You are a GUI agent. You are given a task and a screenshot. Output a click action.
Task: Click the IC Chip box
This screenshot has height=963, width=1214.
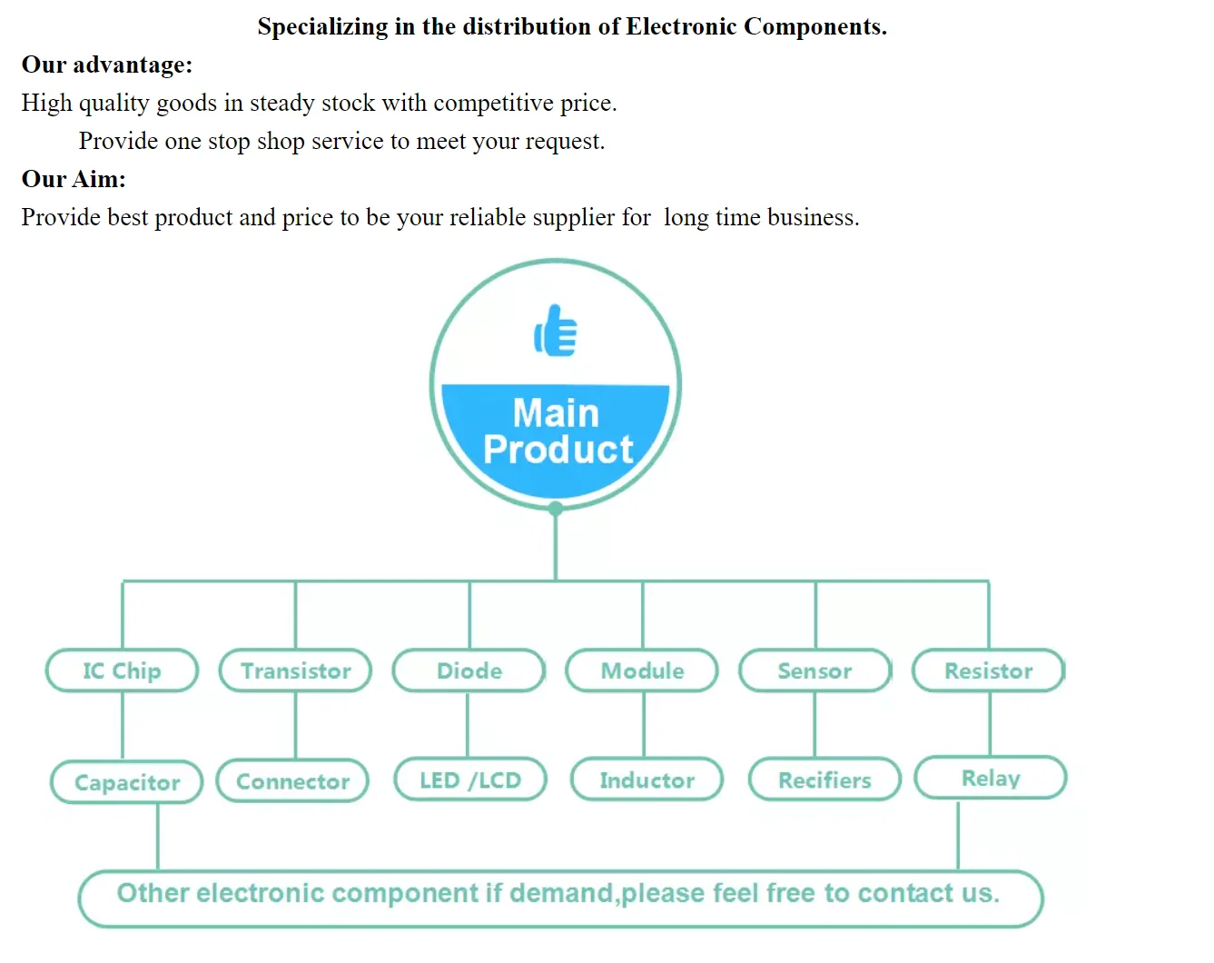point(122,670)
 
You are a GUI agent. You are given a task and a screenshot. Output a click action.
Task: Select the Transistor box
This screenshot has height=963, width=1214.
point(295,670)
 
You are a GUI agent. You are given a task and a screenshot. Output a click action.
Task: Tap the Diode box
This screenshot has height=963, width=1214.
point(469,670)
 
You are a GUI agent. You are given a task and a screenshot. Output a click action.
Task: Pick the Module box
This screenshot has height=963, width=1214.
point(642,670)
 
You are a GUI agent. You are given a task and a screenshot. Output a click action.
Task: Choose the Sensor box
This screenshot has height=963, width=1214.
point(814,670)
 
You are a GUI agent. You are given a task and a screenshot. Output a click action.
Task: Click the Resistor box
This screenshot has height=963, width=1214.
point(988,670)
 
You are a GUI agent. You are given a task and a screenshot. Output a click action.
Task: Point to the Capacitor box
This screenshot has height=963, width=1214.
point(126,782)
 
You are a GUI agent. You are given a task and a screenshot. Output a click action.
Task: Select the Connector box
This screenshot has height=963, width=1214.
point(292,781)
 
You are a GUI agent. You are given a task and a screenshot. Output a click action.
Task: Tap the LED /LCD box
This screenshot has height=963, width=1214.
point(470,779)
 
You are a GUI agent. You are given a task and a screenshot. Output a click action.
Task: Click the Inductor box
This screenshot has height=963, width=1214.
point(646,779)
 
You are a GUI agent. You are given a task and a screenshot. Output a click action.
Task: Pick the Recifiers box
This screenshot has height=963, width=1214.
point(824,779)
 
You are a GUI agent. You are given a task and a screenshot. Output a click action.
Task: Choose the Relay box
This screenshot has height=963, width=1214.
point(991,778)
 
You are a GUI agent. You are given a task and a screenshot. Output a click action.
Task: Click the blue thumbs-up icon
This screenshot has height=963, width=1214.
point(556,331)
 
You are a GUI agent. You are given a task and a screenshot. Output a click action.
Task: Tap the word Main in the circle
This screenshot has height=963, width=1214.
point(556,413)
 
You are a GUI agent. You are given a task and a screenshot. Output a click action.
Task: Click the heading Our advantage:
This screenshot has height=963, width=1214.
point(107,65)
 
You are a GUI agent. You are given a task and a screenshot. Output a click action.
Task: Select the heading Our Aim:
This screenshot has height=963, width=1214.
point(74,179)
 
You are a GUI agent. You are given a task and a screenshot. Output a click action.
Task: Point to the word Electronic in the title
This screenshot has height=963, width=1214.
point(681,27)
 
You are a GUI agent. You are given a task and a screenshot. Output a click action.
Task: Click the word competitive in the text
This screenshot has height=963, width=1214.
point(491,104)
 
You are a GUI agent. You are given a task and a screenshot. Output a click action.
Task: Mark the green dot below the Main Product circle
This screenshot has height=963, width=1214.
point(556,509)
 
